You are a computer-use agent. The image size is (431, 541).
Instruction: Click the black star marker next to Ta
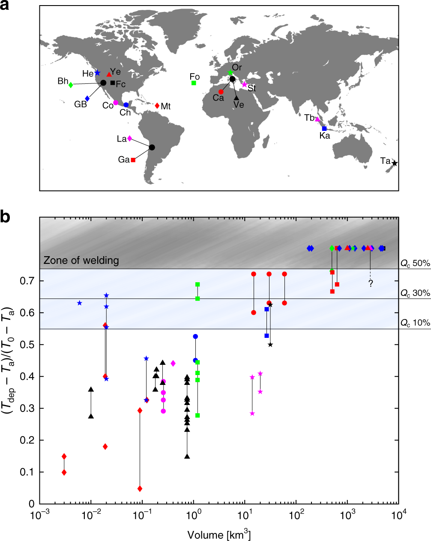point(395,163)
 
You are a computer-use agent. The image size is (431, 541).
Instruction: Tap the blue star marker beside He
point(97,73)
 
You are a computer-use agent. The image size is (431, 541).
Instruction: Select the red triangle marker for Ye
point(109,74)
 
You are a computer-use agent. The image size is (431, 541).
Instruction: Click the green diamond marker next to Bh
point(71,85)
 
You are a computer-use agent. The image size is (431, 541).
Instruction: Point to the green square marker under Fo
point(194,83)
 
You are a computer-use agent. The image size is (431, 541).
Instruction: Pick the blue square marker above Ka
point(324,128)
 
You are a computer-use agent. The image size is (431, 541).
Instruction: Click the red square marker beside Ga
point(133,160)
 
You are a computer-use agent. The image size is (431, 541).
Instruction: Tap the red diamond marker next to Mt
point(157,106)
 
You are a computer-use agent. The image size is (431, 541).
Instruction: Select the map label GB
point(81,104)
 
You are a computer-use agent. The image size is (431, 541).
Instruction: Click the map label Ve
point(239,104)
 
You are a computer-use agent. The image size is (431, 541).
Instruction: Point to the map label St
point(251,89)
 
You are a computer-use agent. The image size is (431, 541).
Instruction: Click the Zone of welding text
point(81,260)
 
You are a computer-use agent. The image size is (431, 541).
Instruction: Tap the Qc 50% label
point(415,263)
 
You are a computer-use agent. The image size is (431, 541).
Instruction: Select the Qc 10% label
point(415,323)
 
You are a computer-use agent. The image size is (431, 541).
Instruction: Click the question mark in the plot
point(371,283)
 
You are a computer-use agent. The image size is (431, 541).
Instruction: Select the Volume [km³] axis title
point(218,535)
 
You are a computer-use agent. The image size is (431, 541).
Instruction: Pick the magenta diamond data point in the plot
point(173,363)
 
